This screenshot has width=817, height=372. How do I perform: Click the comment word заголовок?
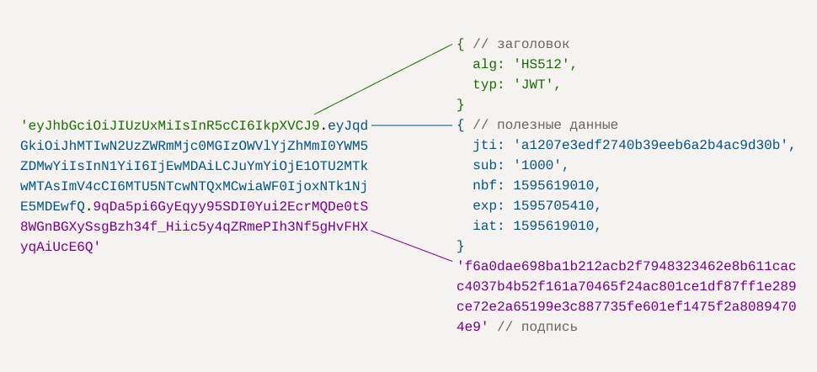(534, 44)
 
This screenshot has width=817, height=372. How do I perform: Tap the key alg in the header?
(485, 64)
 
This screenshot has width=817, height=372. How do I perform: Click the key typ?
(485, 84)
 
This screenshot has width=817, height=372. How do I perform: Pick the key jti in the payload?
(485, 145)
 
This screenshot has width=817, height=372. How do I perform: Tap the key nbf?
(485, 185)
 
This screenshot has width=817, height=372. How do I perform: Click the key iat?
(485, 226)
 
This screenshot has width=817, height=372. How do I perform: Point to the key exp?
(485, 205)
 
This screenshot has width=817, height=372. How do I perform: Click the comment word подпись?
(550, 327)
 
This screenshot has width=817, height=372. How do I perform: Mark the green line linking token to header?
(383, 78)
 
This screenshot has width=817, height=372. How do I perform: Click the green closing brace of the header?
(461, 104)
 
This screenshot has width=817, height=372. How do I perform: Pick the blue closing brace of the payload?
(461, 246)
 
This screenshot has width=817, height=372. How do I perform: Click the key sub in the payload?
(485, 165)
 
